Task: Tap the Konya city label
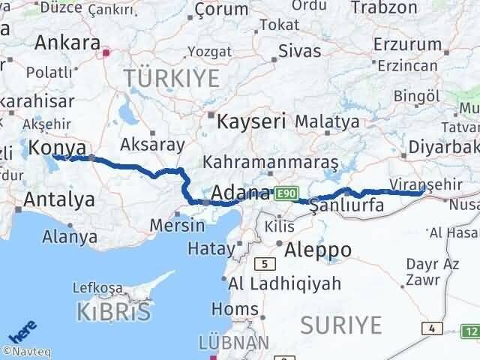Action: pyautogui.click(x=56, y=148)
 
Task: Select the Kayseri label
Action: pyautogui.click(x=251, y=121)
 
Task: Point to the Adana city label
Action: pyautogui.click(x=241, y=193)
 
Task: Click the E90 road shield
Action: pyautogui.click(x=285, y=194)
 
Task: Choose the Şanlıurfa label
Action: pyautogui.click(x=347, y=205)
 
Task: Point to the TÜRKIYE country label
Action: pyautogui.click(x=172, y=77)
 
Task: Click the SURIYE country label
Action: pyautogui.click(x=341, y=325)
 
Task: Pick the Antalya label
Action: pyautogui.click(x=59, y=199)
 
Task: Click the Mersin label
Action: pyautogui.click(x=178, y=224)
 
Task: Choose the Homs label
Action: pyautogui.click(x=235, y=308)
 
